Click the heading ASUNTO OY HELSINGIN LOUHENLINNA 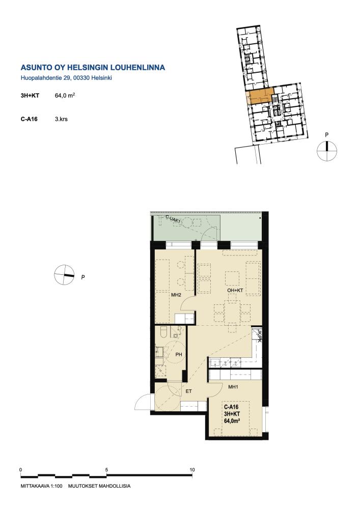(x=93, y=68)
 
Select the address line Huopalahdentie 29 (x=43, y=78)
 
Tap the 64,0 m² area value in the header (x=65, y=96)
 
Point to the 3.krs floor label (x=61, y=119)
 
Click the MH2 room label (x=176, y=295)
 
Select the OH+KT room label (x=235, y=290)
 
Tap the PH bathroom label (x=179, y=354)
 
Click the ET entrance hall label (x=188, y=391)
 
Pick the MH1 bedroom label (x=233, y=387)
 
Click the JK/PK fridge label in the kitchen (x=259, y=335)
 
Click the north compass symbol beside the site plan (x=327, y=151)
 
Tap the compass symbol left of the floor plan (x=64, y=275)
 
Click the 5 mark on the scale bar (x=106, y=469)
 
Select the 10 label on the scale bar (x=192, y=469)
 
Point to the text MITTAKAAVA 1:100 (x=41, y=486)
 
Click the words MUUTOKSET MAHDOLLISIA (x=99, y=486)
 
